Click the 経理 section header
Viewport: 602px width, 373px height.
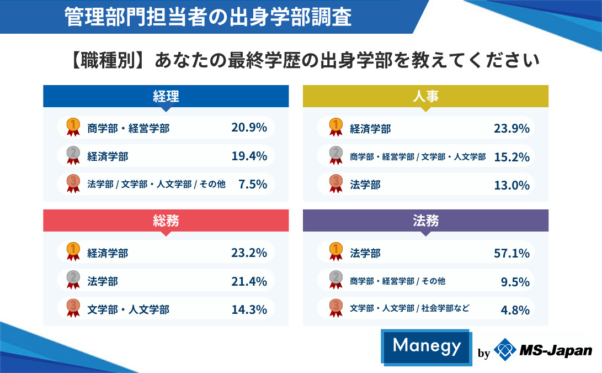point(166,96)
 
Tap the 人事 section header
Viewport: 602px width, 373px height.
point(425,96)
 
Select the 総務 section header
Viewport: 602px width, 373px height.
point(166,220)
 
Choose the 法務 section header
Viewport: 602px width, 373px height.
point(425,220)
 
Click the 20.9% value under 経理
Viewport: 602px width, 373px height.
point(249,128)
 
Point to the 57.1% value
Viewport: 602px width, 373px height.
point(512,253)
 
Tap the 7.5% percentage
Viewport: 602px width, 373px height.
point(253,184)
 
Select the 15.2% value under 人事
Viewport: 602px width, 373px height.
point(512,156)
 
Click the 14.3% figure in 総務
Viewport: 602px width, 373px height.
point(249,309)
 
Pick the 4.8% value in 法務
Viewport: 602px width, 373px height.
point(515,309)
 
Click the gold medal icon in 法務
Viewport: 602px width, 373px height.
point(335,252)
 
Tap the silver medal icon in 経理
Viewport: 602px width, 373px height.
point(73,156)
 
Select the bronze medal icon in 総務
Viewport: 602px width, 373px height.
point(73,308)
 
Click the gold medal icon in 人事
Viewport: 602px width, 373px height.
point(335,127)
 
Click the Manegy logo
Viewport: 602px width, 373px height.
point(427,346)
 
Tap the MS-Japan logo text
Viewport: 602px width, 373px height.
point(556,350)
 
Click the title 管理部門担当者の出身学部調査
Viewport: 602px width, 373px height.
point(207,17)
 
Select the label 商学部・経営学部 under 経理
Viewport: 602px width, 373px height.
point(128,128)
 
